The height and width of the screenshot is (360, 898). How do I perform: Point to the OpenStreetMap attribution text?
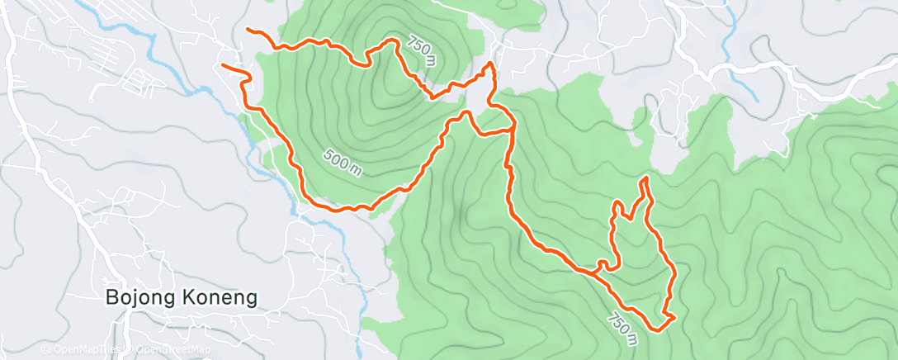[169, 349]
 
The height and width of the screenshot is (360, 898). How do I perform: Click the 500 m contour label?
[342, 160]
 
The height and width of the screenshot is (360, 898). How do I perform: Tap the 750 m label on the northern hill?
[421, 50]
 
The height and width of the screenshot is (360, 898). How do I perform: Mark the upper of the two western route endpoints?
[248, 31]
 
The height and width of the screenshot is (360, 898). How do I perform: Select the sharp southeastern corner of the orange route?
[674, 316]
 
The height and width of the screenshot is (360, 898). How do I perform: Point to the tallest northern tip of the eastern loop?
[643, 178]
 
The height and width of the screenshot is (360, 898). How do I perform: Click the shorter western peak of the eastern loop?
[616, 203]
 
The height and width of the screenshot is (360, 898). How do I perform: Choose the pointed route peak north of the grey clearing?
[491, 64]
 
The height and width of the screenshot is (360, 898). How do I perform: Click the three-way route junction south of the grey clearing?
[513, 128]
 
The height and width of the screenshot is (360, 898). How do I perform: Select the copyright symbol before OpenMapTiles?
[46, 349]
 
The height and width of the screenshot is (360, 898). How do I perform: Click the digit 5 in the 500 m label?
[328, 152]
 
